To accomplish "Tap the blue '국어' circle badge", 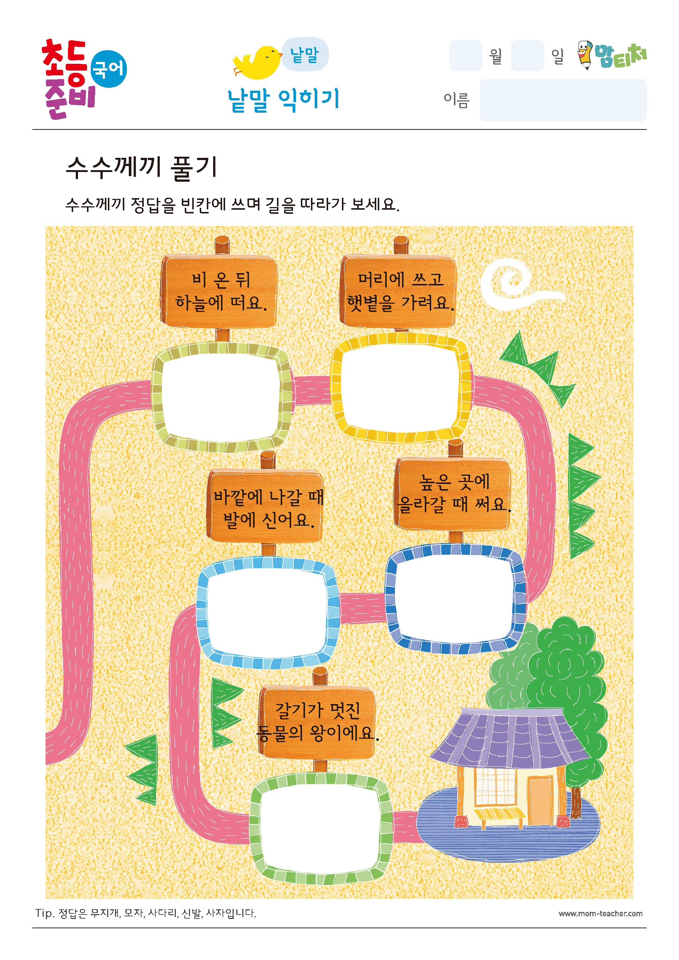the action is (108, 69).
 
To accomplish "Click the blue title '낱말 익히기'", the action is (283, 100).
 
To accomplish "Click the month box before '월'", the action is (465, 56).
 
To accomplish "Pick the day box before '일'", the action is (527, 56).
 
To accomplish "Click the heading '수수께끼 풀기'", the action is (142, 168).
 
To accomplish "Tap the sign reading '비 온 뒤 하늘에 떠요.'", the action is (219, 291).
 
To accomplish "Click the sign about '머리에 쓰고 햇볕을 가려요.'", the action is (399, 291).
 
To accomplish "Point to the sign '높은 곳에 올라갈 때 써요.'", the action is (453, 493).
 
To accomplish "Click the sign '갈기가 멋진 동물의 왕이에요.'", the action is (317, 722).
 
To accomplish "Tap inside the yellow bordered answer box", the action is (401, 388).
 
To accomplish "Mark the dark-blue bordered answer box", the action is (455, 599).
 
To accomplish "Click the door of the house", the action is (541, 800).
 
